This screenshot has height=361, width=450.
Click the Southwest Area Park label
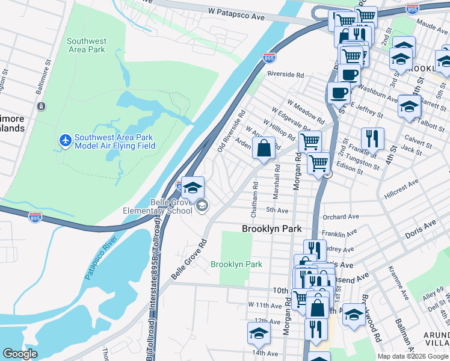click(x=86, y=45)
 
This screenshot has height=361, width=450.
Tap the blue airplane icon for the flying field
click(x=66, y=141)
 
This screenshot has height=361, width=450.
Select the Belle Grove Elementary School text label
click(x=158, y=206)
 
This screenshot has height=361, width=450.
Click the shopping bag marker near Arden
click(x=264, y=148)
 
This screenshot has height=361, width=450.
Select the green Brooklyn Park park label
click(x=236, y=264)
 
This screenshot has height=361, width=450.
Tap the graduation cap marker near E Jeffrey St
click(x=409, y=106)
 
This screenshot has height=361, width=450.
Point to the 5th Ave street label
click(x=277, y=210)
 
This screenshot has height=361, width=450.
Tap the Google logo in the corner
click(x=20, y=354)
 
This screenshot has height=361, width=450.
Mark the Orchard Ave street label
click(x=341, y=217)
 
